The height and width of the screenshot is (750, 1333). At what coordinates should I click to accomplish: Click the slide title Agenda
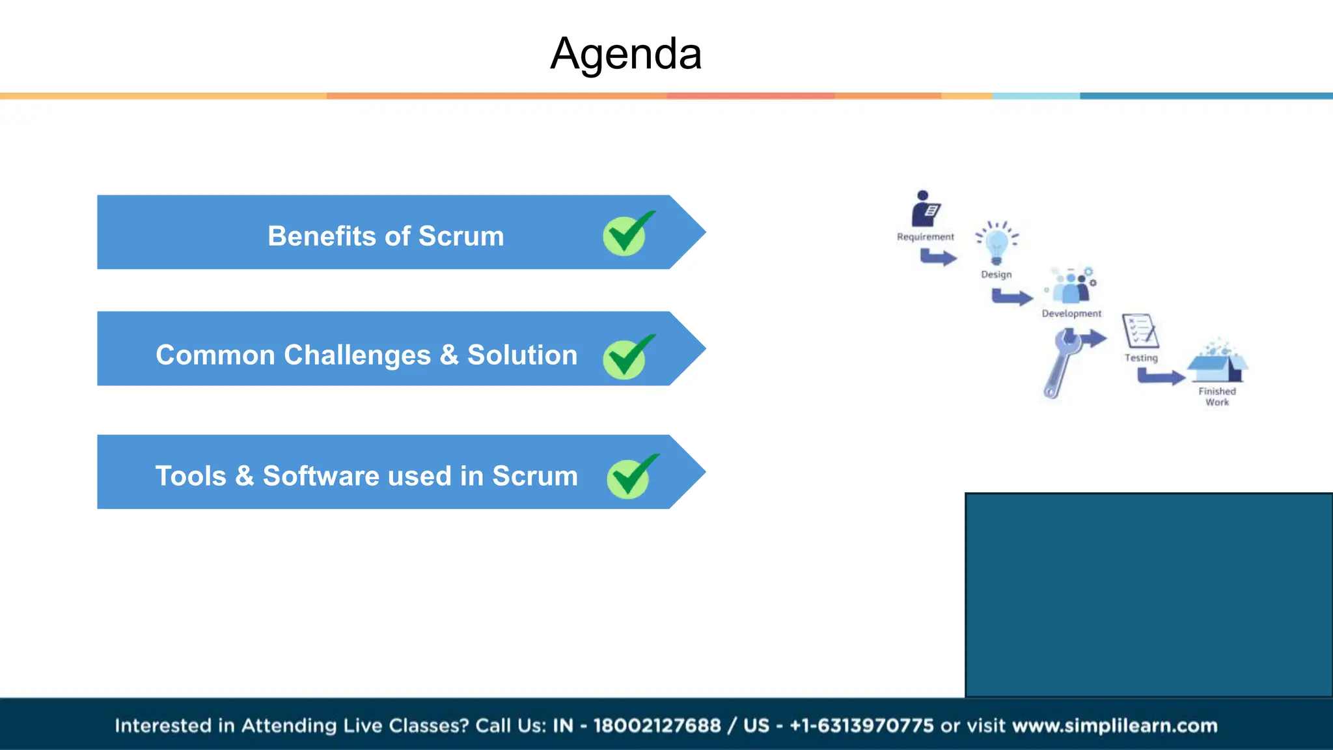[x=625, y=53]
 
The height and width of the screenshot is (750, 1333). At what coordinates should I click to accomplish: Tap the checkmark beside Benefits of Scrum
[x=626, y=234]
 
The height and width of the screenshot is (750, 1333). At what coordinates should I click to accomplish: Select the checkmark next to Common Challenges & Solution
[x=626, y=357]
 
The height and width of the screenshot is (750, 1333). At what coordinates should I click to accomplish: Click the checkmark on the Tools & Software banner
[x=630, y=477]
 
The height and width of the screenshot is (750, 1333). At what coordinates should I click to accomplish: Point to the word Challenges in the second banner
[x=357, y=355]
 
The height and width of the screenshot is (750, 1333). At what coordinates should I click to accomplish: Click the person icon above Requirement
[x=925, y=209]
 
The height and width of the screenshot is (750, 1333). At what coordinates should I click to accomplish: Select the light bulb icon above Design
[x=996, y=243]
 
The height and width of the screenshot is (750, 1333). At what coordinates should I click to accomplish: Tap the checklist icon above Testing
[x=1140, y=331]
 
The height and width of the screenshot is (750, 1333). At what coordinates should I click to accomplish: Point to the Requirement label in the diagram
[x=925, y=237]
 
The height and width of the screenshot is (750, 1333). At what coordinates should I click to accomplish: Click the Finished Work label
[x=1216, y=396]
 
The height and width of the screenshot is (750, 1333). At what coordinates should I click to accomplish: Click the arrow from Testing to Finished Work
[x=1161, y=376]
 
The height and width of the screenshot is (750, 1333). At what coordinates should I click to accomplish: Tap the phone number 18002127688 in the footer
[x=657, y=725]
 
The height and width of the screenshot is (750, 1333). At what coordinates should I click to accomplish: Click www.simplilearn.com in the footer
[x=1114, y=725]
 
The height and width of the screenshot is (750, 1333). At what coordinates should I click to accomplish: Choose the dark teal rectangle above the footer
[x=1148, y=594]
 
